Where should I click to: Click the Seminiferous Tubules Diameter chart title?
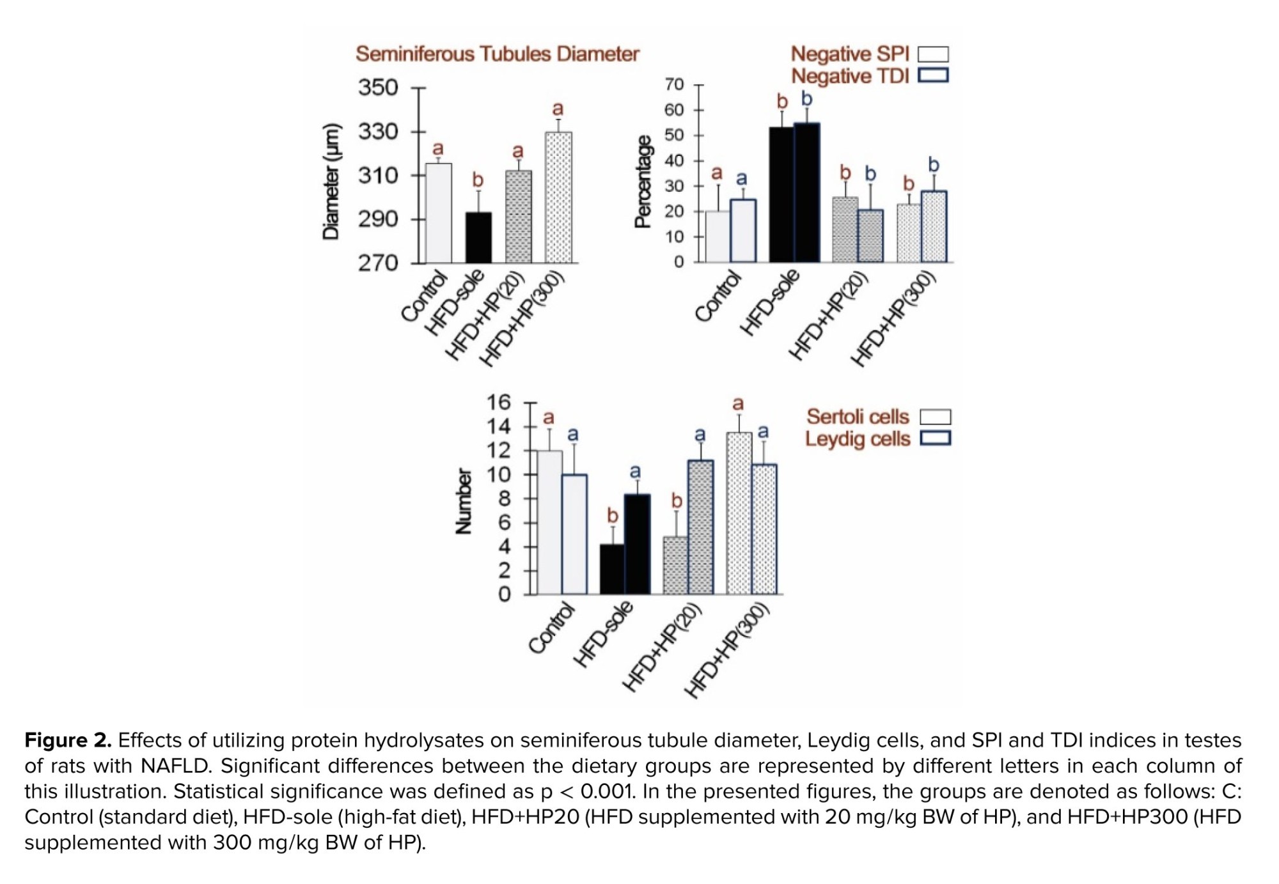click(497, 54)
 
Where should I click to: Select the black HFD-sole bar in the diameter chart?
click(478, 237)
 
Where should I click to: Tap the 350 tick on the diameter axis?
click(378, 88)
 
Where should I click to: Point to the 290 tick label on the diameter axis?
click(378, 219)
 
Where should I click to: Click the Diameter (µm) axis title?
click(331, 182)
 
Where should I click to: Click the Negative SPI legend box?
click(933, 54)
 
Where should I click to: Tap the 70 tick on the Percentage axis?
click(674, 84)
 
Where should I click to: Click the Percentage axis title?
click(643, 182)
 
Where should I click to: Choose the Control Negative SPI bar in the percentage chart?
click(717, 237)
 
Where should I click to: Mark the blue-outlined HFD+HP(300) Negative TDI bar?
click(934, 226)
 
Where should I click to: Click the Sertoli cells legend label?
click(857, 417)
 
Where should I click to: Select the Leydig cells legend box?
click(935, 438)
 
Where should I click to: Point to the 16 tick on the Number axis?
click(499, 402)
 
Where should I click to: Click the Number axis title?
click(463, 501)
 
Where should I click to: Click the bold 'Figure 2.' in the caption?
click(68, 740)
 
